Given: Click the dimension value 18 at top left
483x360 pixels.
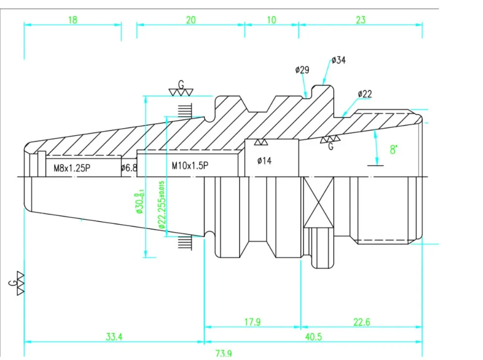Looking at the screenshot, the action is click(x=73, y=20).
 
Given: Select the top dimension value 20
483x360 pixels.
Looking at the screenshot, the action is click(x=191, y=20).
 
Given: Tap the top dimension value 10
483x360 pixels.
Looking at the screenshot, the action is click(x=271, y=20).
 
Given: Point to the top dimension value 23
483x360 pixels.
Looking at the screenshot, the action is click(x=361, y=20).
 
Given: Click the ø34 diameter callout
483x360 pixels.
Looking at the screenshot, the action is click(x=339, y=60).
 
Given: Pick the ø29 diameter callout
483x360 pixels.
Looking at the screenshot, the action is click(x=302, y=70).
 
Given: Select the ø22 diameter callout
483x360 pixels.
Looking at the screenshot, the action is click(x=365, y=94).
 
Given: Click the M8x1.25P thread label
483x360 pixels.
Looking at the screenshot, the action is click(x=72, y=168).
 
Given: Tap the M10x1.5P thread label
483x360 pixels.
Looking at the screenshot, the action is click(x=190, y=166).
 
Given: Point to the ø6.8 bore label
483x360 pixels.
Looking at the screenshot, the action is click(x=129, y=168).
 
